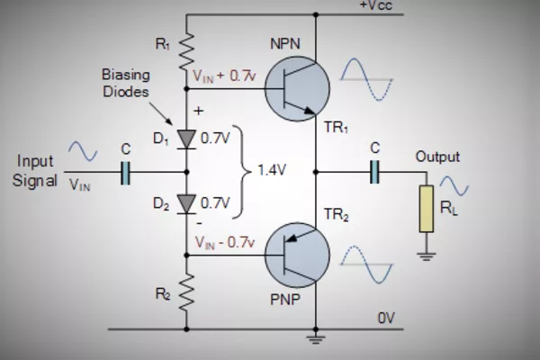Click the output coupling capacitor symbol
click(374, 172)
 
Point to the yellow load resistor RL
click(425, 210)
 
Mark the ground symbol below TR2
click(316, 340)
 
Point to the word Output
click(437, 157)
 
